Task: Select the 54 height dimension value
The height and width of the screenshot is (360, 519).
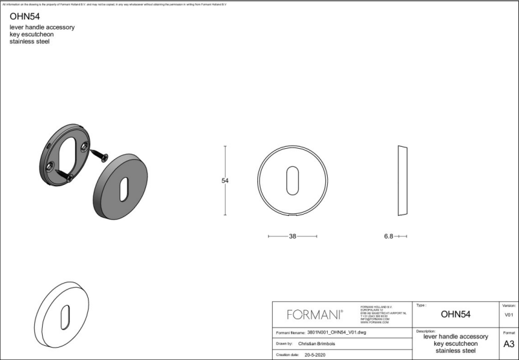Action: [x=225, y=181]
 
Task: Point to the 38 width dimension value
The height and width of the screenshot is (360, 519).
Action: [x=292, y=237]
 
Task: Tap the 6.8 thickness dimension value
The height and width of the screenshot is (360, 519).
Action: [x=388, y=237]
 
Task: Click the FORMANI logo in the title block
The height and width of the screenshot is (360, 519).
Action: [x=315, y=315]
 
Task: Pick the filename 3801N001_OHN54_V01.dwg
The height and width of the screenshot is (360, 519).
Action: [x=337, y=332]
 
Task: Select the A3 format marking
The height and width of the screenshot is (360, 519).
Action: [x=508, y=344]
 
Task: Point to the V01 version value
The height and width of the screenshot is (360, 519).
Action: [x=508, y=315]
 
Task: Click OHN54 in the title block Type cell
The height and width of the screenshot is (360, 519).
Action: [x=455, y=315]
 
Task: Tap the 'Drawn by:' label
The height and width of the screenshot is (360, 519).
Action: [x=284, y=344]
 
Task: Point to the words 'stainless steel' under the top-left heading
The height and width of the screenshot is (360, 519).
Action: [x=30, y=41]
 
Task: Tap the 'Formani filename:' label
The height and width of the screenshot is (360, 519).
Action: [x=290, y=332]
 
